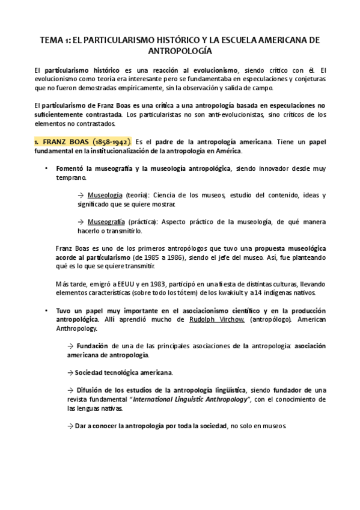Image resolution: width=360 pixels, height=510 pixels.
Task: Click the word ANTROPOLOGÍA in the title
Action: pyautogui.click(x=180, y=52)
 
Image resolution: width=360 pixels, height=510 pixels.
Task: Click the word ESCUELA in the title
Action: pyautogui.click(x=223, y=40)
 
